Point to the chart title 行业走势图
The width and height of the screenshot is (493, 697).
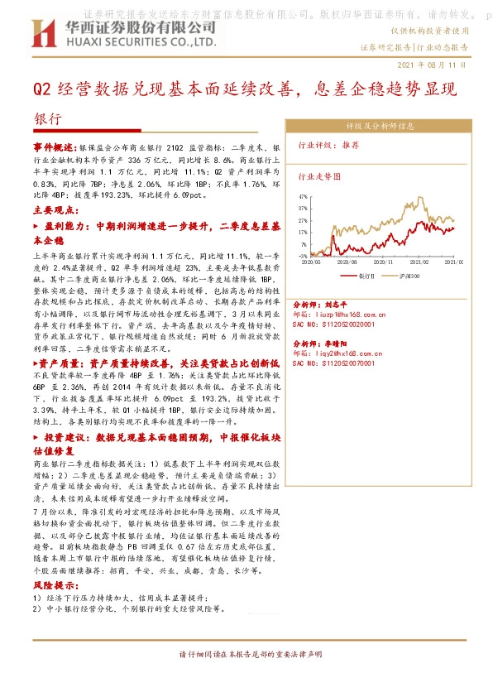318,176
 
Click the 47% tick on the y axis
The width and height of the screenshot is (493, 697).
303,197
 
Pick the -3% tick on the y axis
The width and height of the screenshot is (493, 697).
304,257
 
